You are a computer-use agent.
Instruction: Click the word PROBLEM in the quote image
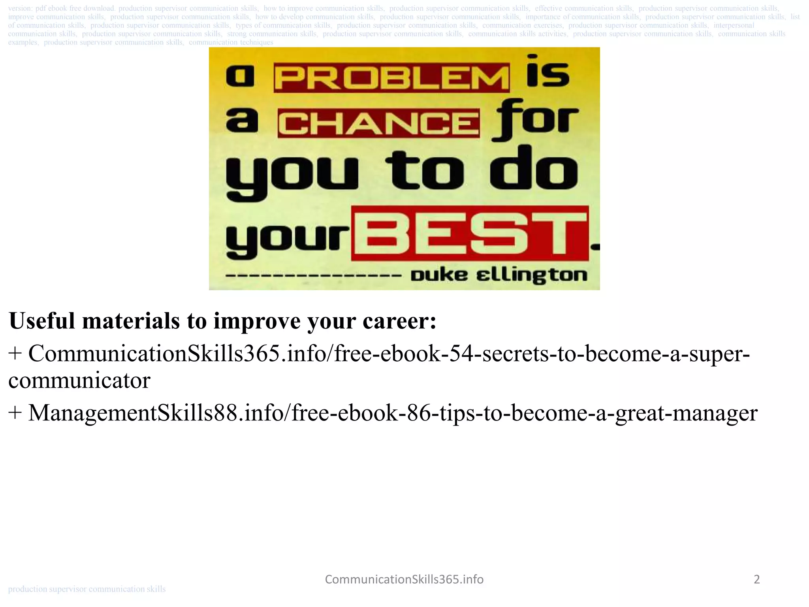[391, 78]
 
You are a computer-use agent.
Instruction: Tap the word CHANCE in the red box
[378, 123]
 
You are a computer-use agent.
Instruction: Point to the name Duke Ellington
[499, 275]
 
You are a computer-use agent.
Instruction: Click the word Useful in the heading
[42, 320]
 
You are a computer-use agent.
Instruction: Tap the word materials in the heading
[131, 320]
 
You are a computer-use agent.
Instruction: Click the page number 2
[756, 579]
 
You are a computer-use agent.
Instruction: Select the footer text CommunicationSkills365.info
[404, 579]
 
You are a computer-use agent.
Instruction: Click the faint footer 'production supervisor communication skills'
[87, 589]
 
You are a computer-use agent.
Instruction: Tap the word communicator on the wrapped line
[79, 380]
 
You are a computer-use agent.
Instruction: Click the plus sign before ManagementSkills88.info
[15, 413]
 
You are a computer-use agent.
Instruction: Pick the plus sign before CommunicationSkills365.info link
[15, 353]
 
